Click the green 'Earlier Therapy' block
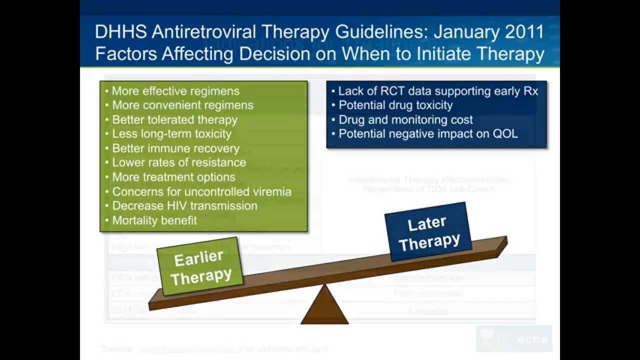[x=200, y=267]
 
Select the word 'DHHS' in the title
[x=120, y=32]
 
